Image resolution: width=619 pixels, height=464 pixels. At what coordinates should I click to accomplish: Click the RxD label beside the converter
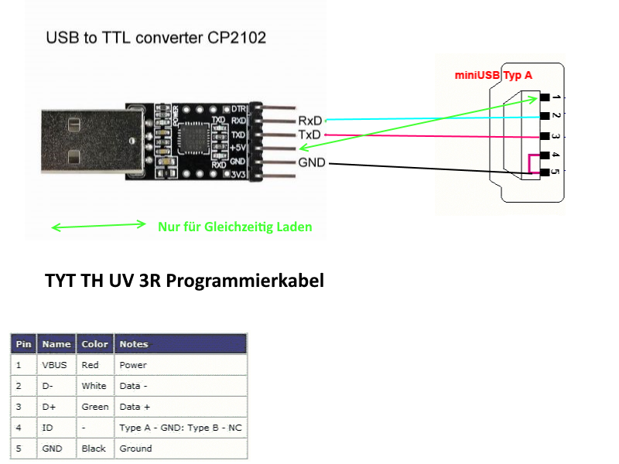[309, 121]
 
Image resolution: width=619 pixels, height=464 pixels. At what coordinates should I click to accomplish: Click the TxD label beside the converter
[309, 135]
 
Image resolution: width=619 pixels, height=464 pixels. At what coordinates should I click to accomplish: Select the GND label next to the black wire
[312, 163]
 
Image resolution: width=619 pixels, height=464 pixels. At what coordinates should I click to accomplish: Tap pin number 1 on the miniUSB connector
[557, 97]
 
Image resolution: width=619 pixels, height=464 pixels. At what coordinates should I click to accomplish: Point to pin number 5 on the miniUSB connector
[557, 172]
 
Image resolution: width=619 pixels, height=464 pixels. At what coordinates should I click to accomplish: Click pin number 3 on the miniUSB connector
[557, 136]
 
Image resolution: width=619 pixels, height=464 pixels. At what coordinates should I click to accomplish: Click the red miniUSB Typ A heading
[493, 75]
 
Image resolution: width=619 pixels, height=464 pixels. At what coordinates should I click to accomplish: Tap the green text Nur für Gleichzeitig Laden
[235, 227]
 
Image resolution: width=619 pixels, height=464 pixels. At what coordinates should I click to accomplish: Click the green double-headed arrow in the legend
[98, 226]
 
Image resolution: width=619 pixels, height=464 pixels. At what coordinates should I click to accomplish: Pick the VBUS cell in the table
[53, 364]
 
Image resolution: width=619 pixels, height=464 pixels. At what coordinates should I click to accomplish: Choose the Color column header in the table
[94, 344]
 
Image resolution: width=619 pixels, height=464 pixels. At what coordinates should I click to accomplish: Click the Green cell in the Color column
[94, 406]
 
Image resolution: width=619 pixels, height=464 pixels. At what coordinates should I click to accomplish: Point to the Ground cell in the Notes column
[135, 448]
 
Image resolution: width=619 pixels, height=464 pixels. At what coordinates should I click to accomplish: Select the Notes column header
[134, 344]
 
